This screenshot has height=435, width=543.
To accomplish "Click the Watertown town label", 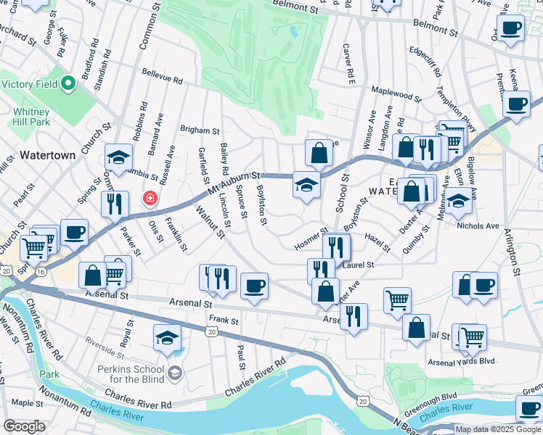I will [47, 155].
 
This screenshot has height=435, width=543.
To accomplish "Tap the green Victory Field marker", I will [69, 84].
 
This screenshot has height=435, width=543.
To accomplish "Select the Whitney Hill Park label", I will [30, 117].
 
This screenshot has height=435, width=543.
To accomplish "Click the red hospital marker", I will [150, 198].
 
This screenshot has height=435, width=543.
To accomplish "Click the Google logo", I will [24, 426].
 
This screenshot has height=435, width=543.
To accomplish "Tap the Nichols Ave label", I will [478, 225].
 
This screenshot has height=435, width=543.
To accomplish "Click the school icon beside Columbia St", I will [118, 157].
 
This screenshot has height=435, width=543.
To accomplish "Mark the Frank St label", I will [224, 320].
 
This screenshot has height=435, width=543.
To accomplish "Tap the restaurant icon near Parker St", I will [115, 204].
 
